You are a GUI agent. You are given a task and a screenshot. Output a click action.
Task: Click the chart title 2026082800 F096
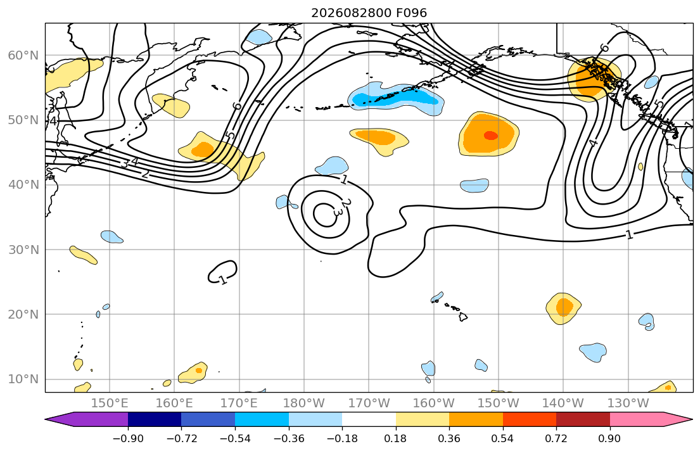(x=369, y=13)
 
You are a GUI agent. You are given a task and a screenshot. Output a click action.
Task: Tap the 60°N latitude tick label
(x=23, y=55)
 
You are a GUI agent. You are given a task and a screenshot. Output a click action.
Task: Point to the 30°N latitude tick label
(x=23, y=250)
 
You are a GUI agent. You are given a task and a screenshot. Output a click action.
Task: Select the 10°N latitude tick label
(x=23, y=379)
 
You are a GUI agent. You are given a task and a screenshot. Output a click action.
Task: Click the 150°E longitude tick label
(x=110, y=403)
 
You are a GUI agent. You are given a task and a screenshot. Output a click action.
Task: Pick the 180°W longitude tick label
(x=304, y=403)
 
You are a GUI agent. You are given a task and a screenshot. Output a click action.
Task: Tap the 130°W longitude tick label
(x=628, y=403)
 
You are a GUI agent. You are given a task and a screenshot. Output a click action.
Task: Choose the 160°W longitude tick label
(x=433, y=403)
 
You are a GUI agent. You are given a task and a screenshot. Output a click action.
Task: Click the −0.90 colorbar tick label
(x=128, y=438)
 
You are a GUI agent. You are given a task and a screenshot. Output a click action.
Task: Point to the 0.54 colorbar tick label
(x=503, y=438)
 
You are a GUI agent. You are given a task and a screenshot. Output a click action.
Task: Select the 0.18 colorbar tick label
(x=395, y=438)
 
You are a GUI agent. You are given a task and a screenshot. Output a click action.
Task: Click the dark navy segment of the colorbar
(x=155, y=419)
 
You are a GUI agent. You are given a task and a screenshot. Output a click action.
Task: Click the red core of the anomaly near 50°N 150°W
(x=490, y=136)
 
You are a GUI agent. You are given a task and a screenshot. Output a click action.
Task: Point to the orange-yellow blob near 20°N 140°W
(x=563, y=308)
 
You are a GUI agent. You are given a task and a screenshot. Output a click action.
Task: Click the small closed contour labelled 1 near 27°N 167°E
(x=222, y=272)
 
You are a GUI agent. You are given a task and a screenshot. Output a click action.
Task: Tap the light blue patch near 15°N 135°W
(x=594, y=352)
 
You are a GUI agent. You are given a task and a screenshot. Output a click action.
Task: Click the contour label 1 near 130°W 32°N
(x=630, y=234)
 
